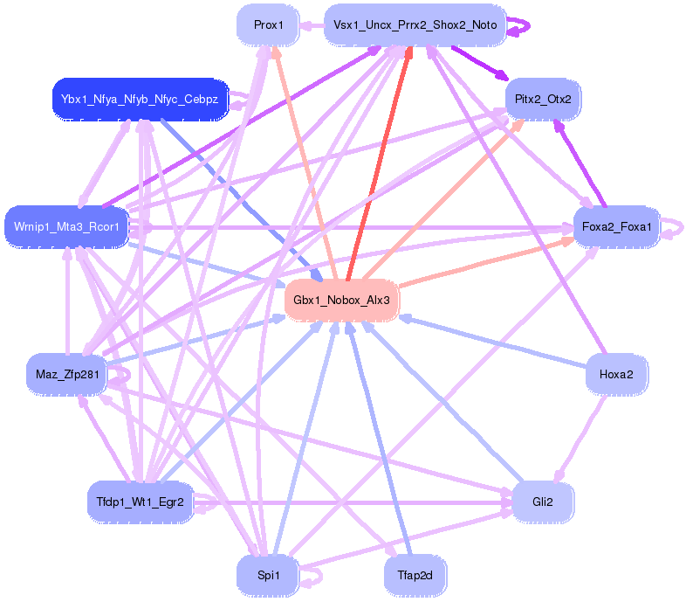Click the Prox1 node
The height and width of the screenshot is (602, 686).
point(269,24)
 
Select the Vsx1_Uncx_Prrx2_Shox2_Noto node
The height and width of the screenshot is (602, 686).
point(415,24)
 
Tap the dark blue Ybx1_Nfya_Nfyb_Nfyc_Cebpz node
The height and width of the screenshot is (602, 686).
point(140,99)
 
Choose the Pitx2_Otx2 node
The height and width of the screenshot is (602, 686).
point(543,99)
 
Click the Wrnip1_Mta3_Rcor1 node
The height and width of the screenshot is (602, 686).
point(66,227)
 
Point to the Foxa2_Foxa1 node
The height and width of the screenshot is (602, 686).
point(616,228)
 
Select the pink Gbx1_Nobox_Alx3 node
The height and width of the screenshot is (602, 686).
point(341,300)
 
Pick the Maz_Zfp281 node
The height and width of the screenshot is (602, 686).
point(65,374)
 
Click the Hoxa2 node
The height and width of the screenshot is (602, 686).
point(616,374)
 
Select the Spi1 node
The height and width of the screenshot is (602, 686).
point(268,576)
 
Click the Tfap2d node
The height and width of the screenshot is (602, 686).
point(415,576)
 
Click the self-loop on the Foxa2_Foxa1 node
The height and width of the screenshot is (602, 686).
point(674,228)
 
